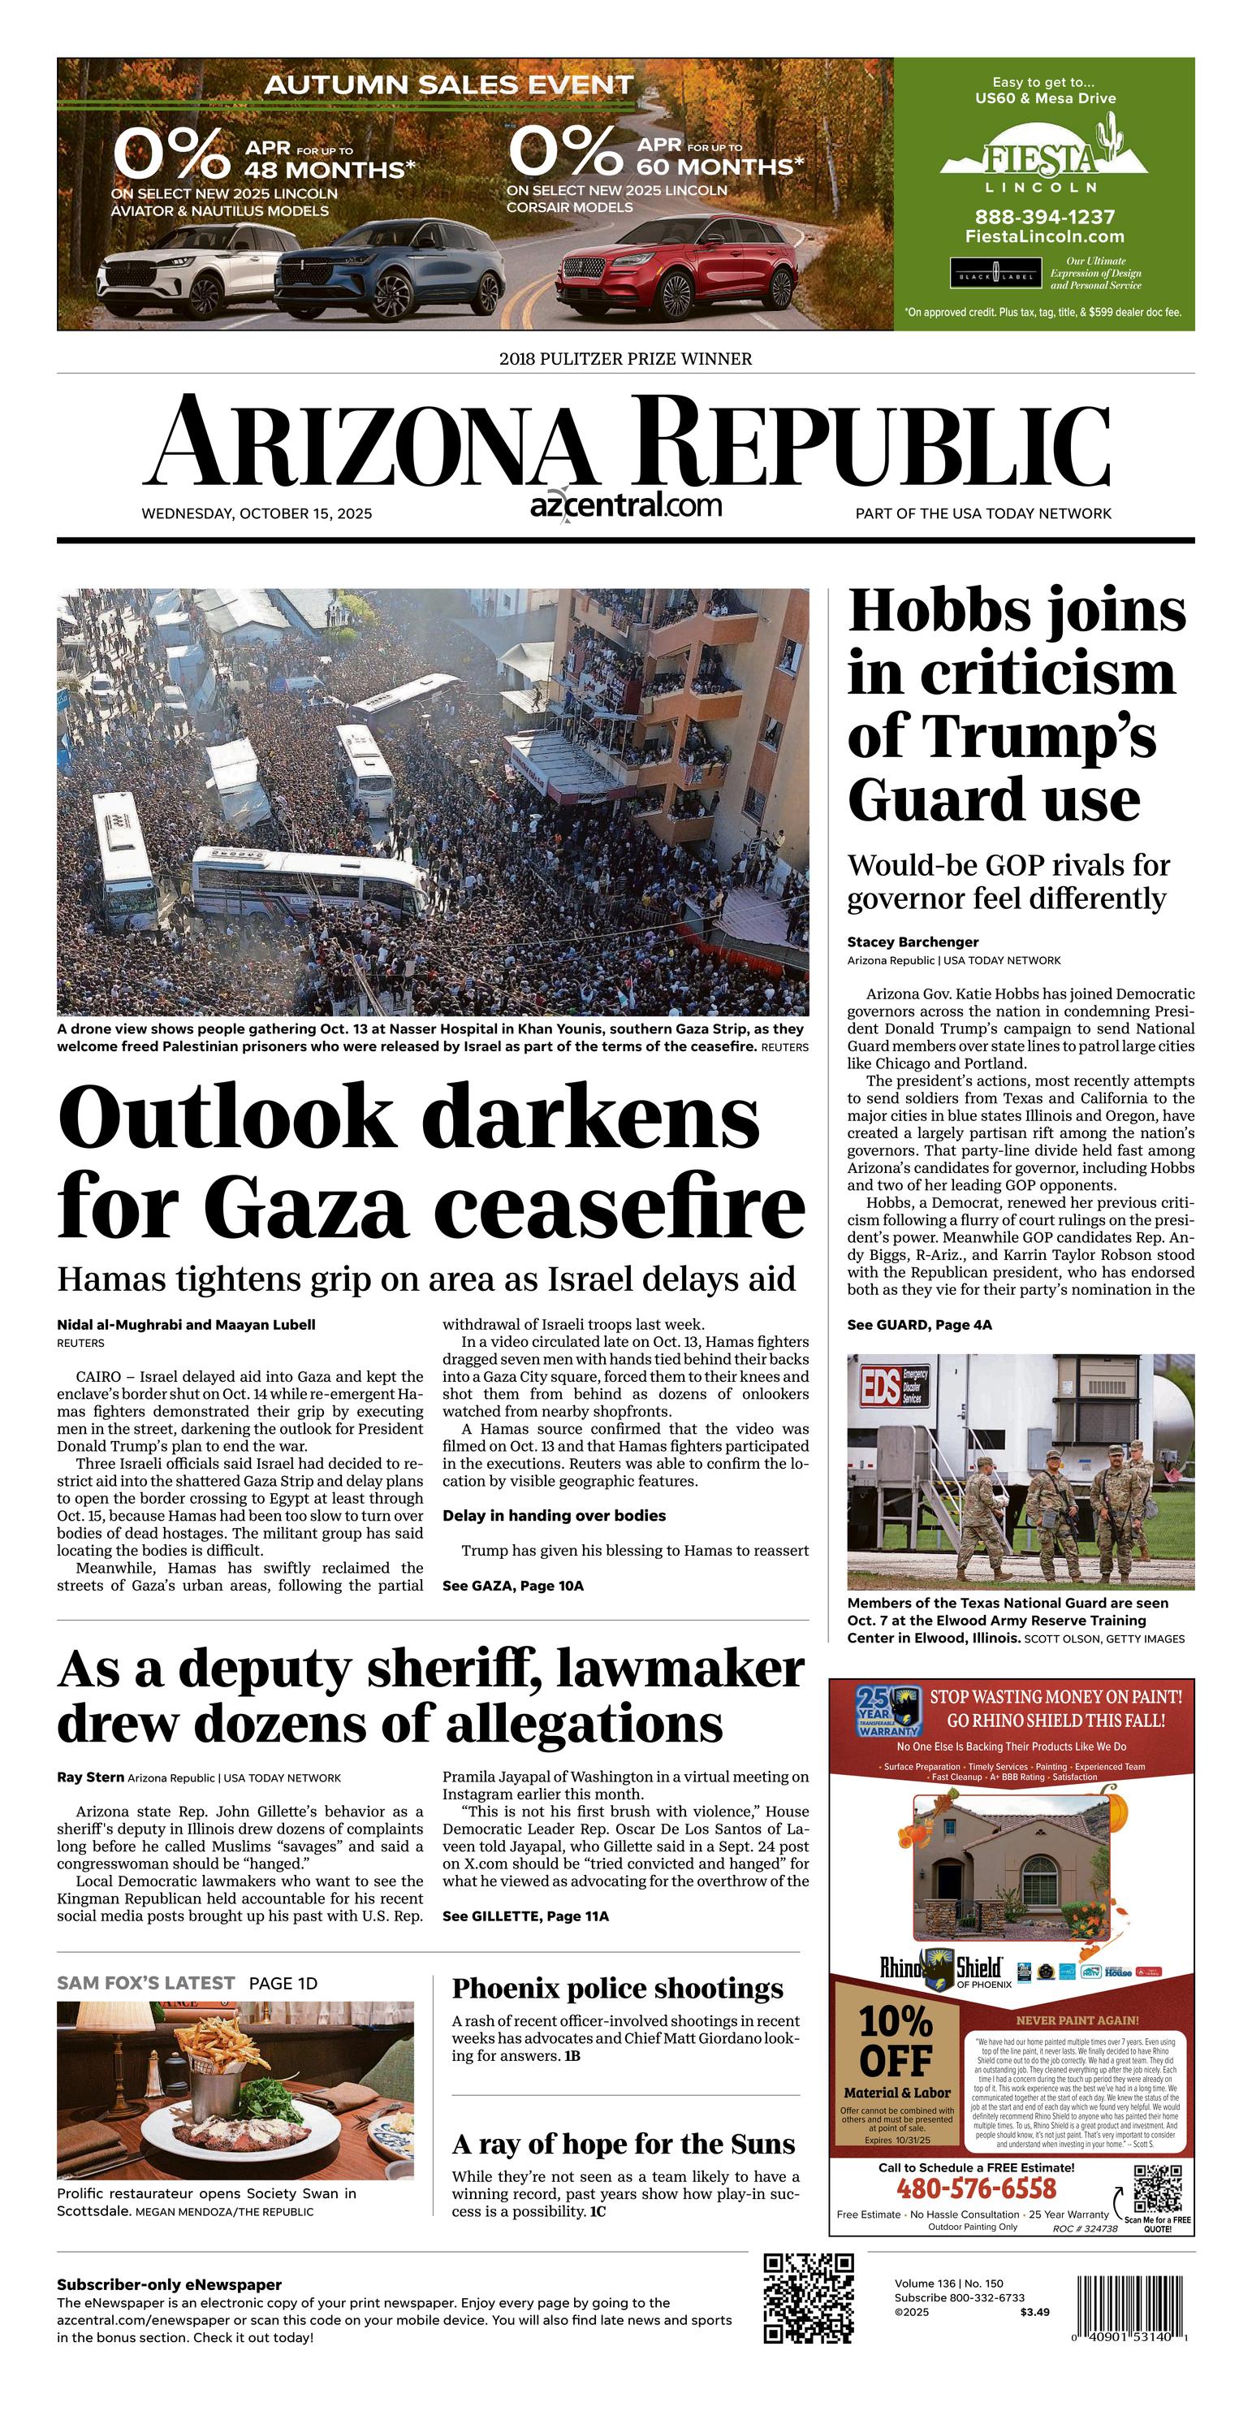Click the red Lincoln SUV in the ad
pyautogui.click(x=678, y=266)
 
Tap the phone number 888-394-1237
pyautogui.click(x=1043, y=217)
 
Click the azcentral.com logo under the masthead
pyautogui.click(x=625, y=504)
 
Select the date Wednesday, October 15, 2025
pyautogui.click(x=257, y=514)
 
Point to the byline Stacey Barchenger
pyautogui.click(x=912, y=942)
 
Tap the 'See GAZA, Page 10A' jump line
pyautogui.click(x=513, y=1586)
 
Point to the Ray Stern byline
pyautogui.click(x=90, y=1777)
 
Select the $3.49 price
pyautogui.click(x=1034, y=2312)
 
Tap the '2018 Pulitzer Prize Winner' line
pyautogui.click(x=625, y=359)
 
